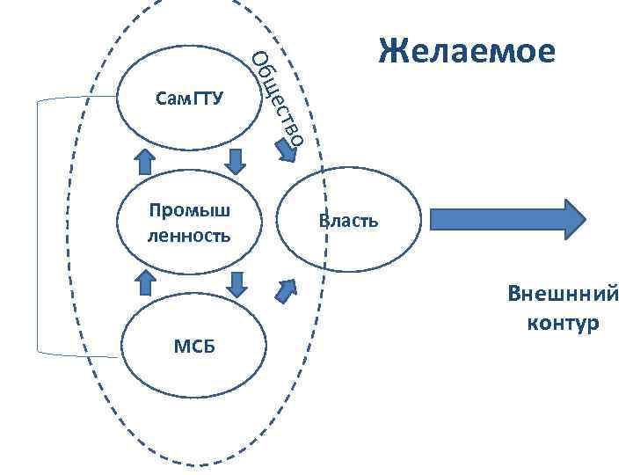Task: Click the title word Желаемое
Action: pyautogui.click(x=467, y=52)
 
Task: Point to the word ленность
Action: pyautogui.click(x=190, y=236)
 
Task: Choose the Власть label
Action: pyautogui.click(x=349, y=220)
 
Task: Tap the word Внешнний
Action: pyautogui.click(x=563, y=294)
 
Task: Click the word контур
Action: pyautogui.click(x=563, y=323)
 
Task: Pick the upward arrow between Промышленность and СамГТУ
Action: pyautogui.click(x=143, y=163)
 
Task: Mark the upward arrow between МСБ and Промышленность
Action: pyautogui.click(x=143, y=281)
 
